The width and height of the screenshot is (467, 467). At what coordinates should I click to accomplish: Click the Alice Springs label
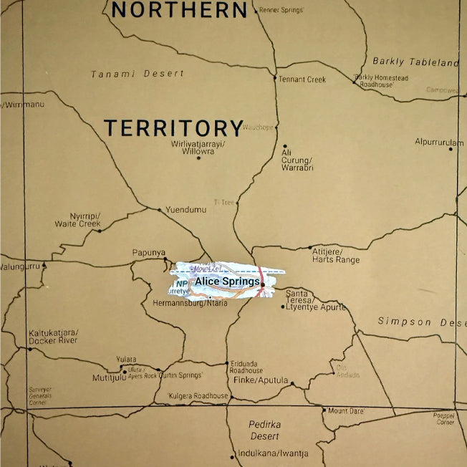pyautogui.click(x=227, y=281)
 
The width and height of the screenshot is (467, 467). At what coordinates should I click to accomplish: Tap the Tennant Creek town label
pyautogui.click(x=302, y=79)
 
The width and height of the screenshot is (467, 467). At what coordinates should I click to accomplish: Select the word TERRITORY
pyautogui.click(x=174, y=128)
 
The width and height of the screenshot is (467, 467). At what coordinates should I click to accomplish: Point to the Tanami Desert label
pyautogui.click(x=138, y=73)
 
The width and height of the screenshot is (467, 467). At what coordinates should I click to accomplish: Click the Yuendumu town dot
pyautogui.click(x=160, y=210)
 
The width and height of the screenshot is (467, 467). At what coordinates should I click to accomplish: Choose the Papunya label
pyautogui.click(x=149, y=252)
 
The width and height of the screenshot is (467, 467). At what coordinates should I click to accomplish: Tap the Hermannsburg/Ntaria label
pyautogui.click(x=191, y=303)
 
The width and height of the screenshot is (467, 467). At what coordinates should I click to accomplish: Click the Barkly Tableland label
pyautogui.click(x=415, y=62)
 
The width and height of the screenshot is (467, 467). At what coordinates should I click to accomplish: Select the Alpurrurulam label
pyautogui.click(x=439, y=142)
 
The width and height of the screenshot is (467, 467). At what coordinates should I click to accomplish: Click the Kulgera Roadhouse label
pyautogui.click(x=198, y=395)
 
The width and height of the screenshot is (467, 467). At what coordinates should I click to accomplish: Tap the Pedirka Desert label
pyautogui.click(x=264, y=430)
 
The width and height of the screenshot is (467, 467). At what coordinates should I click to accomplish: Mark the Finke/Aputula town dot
pyautogui.click(x=292, y=384)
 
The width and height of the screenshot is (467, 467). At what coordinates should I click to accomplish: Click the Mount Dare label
pyautogui.click(x=346, y=410)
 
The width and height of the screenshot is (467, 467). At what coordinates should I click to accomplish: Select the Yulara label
pyautogui.click(x=126, y=360)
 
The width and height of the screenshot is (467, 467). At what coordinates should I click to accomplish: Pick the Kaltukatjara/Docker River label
pyautogui.click(x=54, y=337)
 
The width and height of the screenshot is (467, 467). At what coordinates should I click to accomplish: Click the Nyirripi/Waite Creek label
pyautogui.click(x=78, y=220)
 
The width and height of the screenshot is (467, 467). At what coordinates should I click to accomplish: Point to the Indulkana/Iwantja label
pyautogui.click(x=274, y=453)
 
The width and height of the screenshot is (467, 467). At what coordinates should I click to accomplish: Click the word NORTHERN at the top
pyautogui.click(x=180, y=9)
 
